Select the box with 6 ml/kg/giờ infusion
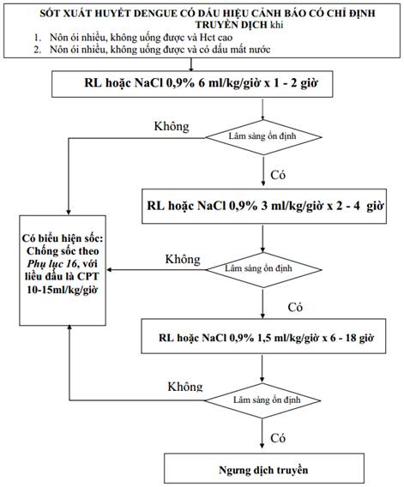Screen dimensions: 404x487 pos(192,84)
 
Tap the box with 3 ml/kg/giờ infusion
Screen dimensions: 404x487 pos(264,207)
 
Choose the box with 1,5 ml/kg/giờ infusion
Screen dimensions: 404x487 pos(263,336)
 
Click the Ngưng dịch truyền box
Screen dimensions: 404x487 pos(264,470)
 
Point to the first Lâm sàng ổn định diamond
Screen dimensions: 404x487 pos(263,137)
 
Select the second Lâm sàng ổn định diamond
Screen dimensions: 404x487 pos(263,269)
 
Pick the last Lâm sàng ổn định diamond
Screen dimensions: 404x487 pos(262,400)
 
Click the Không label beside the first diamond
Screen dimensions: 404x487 pos(172,127)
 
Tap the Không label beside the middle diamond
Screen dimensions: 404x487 pos(183,259)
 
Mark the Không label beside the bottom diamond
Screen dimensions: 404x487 pos(185,387)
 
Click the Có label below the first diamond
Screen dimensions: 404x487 pos(278,175)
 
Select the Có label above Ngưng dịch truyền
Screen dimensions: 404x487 pos(278,438)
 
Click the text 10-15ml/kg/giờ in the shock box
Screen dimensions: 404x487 pos(62,290)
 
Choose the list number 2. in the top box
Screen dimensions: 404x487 pos(37,50)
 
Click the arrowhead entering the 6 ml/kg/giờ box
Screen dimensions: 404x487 pos(191,69)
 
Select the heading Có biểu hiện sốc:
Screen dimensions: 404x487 pos(63,238)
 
